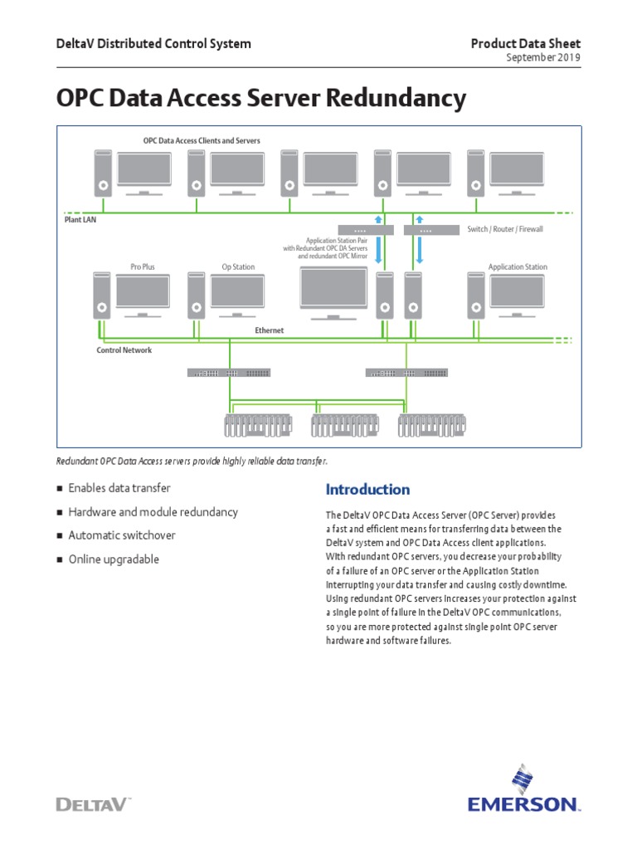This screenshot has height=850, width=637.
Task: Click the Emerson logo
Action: (x=523, y=792)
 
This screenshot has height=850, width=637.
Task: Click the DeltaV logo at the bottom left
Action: (x=92, y=803)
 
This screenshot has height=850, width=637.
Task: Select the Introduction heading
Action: (x=367, y=489)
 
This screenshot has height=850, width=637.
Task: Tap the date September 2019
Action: (x=543, y=58)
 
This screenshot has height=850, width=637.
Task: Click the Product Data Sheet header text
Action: (x=526, y=43)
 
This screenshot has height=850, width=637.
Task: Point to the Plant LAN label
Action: (x=80, y=221)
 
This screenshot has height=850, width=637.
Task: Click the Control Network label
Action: (x=124, y=350)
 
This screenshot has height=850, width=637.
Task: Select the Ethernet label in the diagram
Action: (x=269, y=330)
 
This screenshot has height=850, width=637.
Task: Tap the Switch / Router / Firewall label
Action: (x=505, y=229)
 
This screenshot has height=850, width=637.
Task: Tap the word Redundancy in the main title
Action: (x=397, y=99)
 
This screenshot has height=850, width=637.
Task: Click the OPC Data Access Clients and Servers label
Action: (x=202, y=140)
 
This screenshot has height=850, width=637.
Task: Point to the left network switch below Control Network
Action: (x=228, y=373)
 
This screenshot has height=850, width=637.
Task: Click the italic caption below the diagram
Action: (x=197, y=461)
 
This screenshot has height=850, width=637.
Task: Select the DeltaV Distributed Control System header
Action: (x=153, y=43)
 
